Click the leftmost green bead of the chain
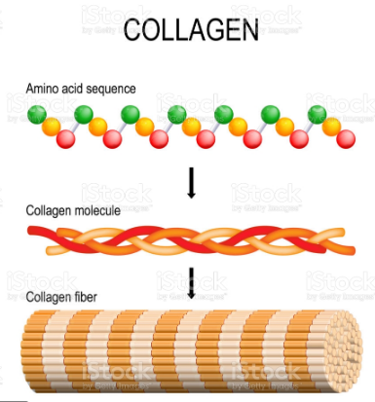pos(36,115)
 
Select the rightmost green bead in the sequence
pos(318,115)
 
